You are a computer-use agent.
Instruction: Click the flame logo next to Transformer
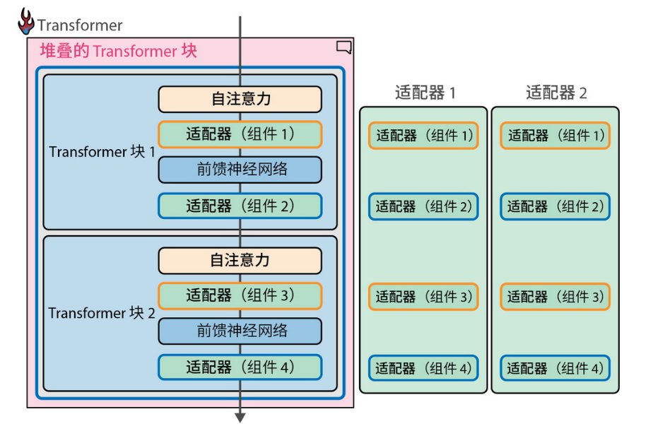(x=26, y=22)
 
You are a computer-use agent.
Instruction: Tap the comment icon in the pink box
(x=343, y=48)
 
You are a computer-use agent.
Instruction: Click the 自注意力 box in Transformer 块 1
(x=240, y=99)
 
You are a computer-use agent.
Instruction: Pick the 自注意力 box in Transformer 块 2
(x=240, y=261)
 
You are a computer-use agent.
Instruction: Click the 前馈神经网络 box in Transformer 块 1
(x=240, y=170)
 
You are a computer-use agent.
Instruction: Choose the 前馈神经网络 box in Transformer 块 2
(x=240, y=331)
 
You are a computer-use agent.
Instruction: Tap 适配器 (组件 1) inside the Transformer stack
(x=240, y=134)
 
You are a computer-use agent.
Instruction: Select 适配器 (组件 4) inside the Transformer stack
(x=240, y=367)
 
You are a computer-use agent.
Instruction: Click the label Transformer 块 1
(x=102, y=152)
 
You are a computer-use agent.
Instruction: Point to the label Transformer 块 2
(x=102, y=313)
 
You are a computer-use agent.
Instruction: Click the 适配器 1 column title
(x=425, y=93)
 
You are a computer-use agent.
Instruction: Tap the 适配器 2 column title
(x=556, y=93)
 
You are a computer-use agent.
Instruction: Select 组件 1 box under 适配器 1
(x=423, y=136)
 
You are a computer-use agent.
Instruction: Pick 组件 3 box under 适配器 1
(x=423, y=297)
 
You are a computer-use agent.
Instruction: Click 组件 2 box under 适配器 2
(x=555, y=206)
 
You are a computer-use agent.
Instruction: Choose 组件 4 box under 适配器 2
(x=555, y=368)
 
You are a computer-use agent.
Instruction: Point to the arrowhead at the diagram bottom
(x=240, y=417)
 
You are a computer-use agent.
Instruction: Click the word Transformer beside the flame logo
(x=80, y=26)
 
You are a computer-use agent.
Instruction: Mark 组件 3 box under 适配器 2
(x=555, y=297)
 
